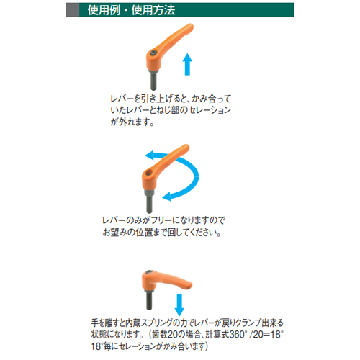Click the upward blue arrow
pyautogui.click(x=187, y=64)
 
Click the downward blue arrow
pyautogui.click(x=179, y=305)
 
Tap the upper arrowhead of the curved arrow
pyautogui.click(x=150, y=156)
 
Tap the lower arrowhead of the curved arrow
pyautogui.click(x=167, y=197)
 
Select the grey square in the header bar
pyautogui.click(x=72, y=10)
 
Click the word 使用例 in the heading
pyautogui.click(x=104, y=10)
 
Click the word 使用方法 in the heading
pyautogui.click(x=153, y=10)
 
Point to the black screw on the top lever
pyautogui.click(x=153, y=53)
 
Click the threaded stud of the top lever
pyautogui.click(x=153, y=81)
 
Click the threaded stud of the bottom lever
pyautogui.click(x=149, y=300)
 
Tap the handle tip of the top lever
pyautogui.click(x=190, y=27)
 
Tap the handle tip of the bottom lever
pyautogui.click(x=189, y=285)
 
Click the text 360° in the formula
pyautogui.click(x=238, y=335)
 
